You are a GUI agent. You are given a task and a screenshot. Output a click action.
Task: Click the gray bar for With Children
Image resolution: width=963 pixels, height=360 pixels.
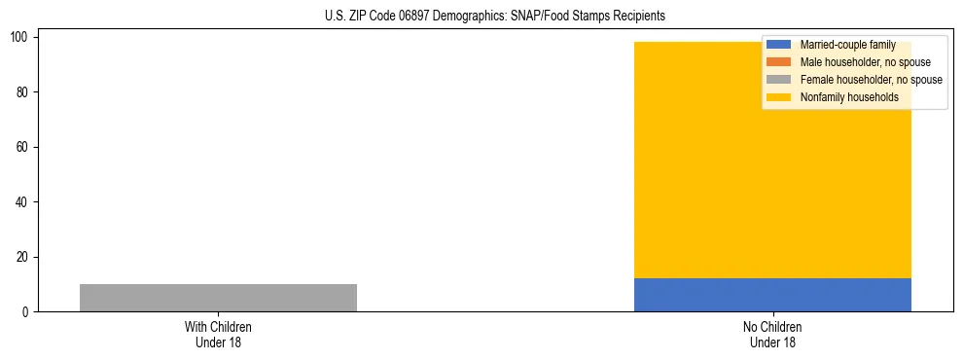(x=218, y=298)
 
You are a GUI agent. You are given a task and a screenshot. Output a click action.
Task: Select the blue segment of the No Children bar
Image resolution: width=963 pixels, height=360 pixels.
(x=772, y=295)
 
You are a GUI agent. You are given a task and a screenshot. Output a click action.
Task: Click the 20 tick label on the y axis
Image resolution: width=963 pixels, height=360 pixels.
(x=22, y=257)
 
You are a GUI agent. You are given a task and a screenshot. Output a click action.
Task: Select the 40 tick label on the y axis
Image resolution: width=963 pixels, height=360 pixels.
(x=22, y=202)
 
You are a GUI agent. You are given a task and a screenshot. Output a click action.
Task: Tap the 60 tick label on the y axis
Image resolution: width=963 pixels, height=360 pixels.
(x=22, y=147)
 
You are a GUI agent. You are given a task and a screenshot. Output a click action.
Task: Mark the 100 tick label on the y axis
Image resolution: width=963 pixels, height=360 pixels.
(x=19, y=37)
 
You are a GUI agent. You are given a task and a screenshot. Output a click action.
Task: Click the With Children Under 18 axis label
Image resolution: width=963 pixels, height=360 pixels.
(x=218, y=335)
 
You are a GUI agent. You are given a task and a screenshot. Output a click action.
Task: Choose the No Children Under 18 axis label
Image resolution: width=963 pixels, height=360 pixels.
(x=772, y=335)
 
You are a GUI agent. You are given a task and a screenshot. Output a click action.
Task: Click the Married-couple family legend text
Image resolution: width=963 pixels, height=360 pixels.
(x=847, y=45)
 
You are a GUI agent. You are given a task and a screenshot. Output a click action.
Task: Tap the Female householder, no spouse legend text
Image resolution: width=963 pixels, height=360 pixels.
(x=871, y=80)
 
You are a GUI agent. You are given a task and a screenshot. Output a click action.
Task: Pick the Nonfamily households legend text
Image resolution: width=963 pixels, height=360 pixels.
(x=849, y=97)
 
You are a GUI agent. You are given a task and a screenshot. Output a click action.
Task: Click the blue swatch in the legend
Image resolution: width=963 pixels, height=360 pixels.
(x=778, y=45)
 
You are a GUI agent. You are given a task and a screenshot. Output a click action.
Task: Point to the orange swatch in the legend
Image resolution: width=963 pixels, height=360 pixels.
(x=778, y=62)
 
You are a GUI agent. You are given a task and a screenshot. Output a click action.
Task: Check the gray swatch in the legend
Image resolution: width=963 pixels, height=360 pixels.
(x=778, y=80)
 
